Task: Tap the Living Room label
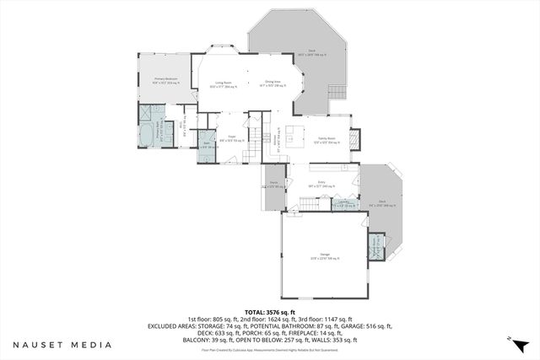pyautogui.click(x=224, y=84)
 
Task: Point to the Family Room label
pyautogui.click(x=327, y=141)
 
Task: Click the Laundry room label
pyautogui.click(x=343, y=203)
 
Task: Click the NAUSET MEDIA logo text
pyautogui.click(x=61, y=344)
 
